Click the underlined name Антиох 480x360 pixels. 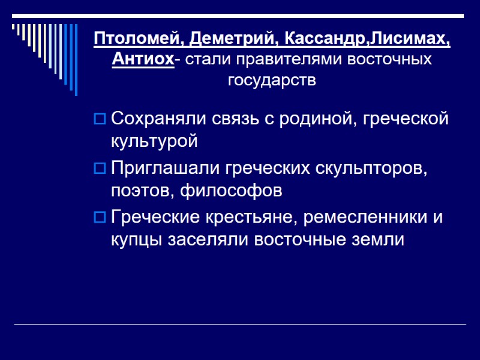pyautogui.click(x=143, y=60)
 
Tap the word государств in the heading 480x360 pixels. pyautogui.click(x=272, y=80)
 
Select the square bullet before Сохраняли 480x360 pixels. pyautogui.click(x=100, y=119)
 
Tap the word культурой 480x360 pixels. pyautogui.click(x=154, y=142)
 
